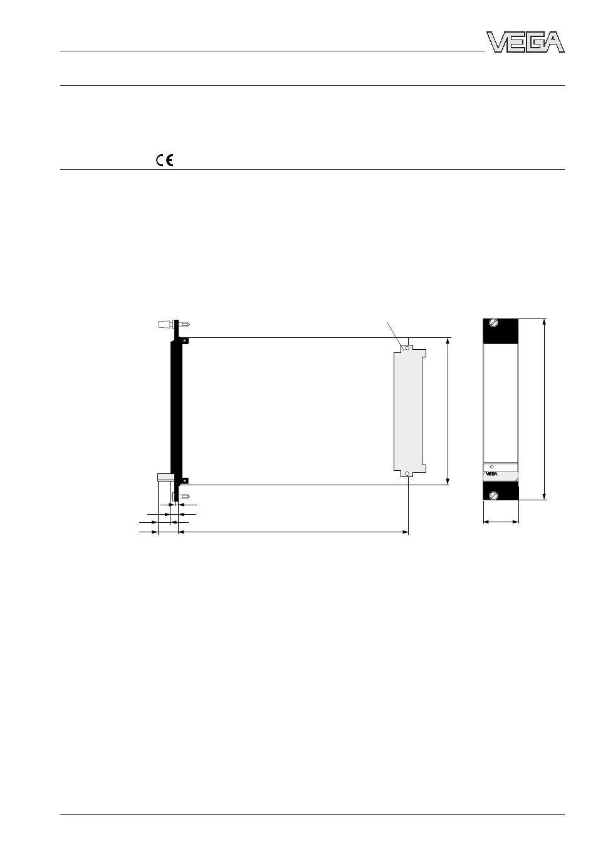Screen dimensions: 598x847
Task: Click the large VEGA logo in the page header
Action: [x=525, y=41]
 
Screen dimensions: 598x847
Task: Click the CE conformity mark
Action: [x=165, y=160]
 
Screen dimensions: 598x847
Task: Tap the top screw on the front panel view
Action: [x=494, y=322]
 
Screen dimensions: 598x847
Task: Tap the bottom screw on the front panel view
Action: [x=494, y=495]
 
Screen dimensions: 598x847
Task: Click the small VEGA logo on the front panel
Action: [x=491, y=474]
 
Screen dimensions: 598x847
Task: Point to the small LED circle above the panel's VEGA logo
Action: [x=492, y=466]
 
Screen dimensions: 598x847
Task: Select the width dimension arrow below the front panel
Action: [x=501, y=522]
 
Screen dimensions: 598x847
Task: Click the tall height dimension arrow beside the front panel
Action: [x=544, y=409]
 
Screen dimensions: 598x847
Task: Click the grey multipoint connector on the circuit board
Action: [x=410, y=411]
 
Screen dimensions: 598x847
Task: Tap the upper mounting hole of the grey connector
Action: [x=407, y=348]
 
